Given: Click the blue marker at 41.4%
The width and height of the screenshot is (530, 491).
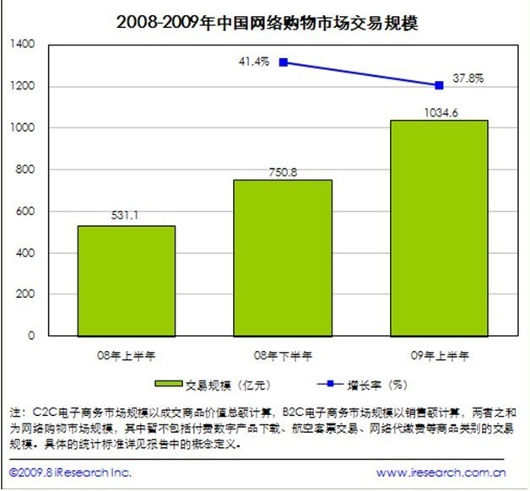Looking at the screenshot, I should [284, 62].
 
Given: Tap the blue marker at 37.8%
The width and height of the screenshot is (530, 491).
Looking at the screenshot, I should [439, 85].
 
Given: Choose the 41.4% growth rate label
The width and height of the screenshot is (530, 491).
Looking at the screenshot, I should [253, 61].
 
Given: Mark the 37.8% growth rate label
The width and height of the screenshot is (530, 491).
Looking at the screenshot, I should [469, 78].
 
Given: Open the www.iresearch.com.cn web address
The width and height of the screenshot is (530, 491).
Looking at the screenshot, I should [441, 472].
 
